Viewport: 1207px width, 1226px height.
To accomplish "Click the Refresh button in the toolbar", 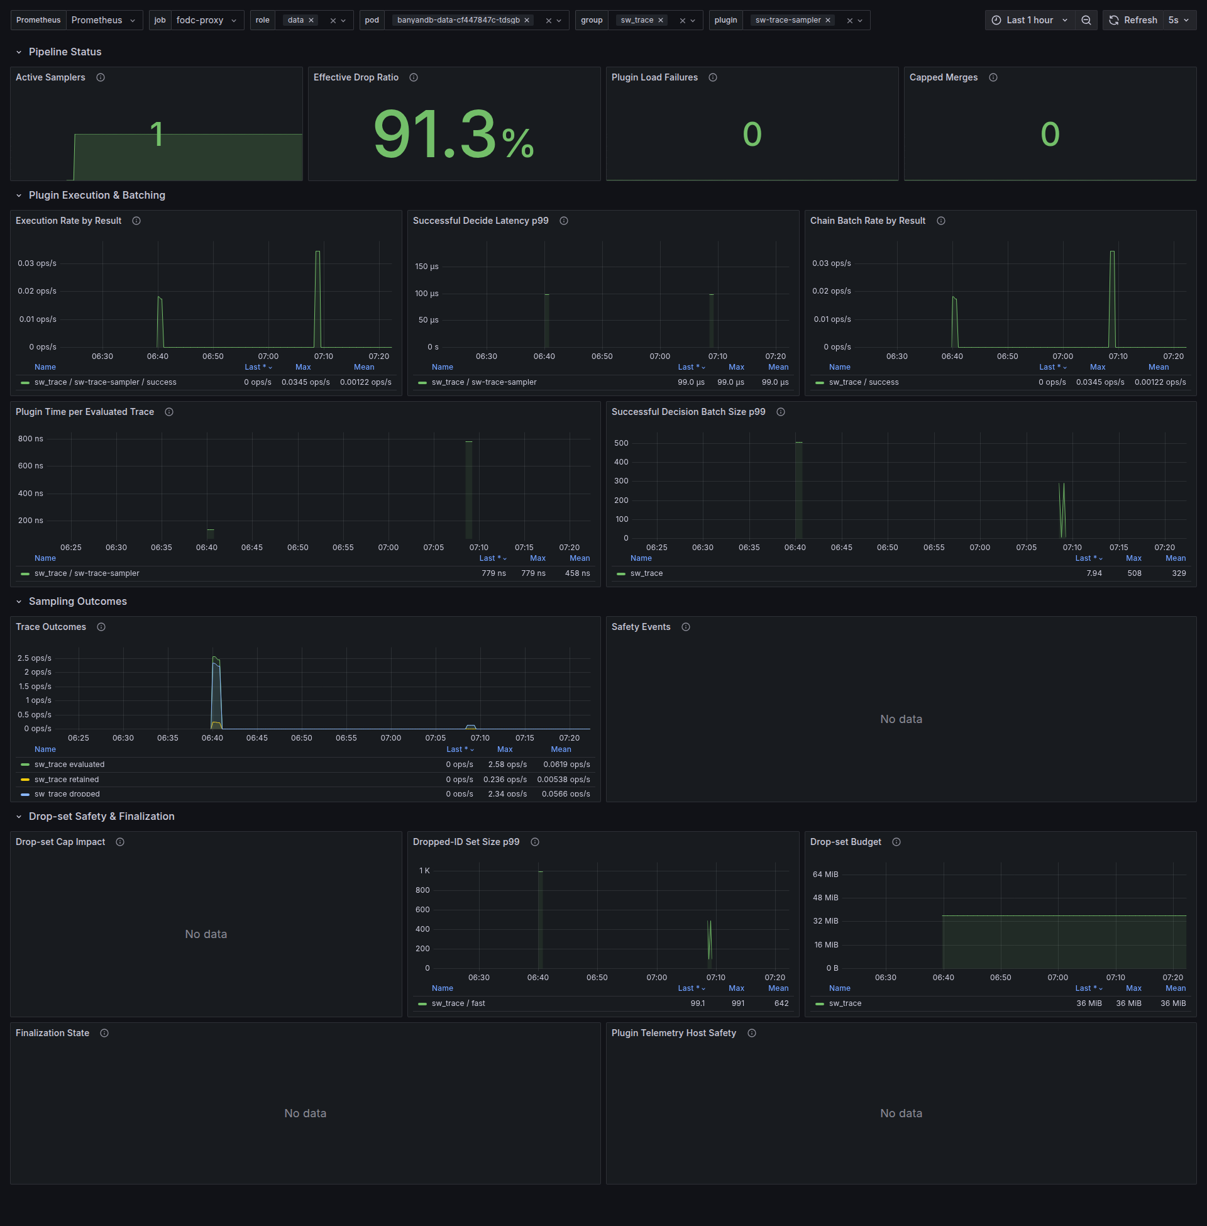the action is (x=1133, y=20).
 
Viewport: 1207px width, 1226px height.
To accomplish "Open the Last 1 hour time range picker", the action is (x=1030, y=20).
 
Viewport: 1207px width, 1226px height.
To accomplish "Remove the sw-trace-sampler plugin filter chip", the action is (x=827, y=20).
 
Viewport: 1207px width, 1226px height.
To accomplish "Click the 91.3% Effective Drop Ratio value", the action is (x=453, y=134).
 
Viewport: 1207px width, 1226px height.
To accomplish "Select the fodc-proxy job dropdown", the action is (x=206, y=20).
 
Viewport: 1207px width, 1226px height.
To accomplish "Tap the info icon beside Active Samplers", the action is (x=100, y=77).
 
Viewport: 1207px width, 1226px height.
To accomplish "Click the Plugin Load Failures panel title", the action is (x=654, y=77).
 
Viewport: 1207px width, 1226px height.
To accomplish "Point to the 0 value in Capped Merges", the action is (x=1050, y=134).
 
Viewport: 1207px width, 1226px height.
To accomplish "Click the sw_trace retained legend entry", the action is (x=67, y=779).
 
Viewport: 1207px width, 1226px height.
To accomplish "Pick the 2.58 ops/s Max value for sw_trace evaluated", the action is (x=507, y=765).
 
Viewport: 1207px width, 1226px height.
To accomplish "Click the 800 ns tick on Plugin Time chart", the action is (x=30, y=439).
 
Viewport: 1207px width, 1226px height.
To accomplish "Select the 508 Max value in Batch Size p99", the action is (x=1134, y=573).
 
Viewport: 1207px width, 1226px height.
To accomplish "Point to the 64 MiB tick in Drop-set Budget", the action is (x=825, y=874).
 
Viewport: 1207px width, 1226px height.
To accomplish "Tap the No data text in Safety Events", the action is (x=901, y=719).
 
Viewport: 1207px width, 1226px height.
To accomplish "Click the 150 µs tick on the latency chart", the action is (x=427, y=266).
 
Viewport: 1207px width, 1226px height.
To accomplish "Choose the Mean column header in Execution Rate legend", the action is (x=364, y=367).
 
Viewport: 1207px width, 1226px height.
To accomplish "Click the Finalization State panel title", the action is (x=53, y=1032).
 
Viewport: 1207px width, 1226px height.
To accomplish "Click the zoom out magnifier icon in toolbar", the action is (x=1086, y=20).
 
